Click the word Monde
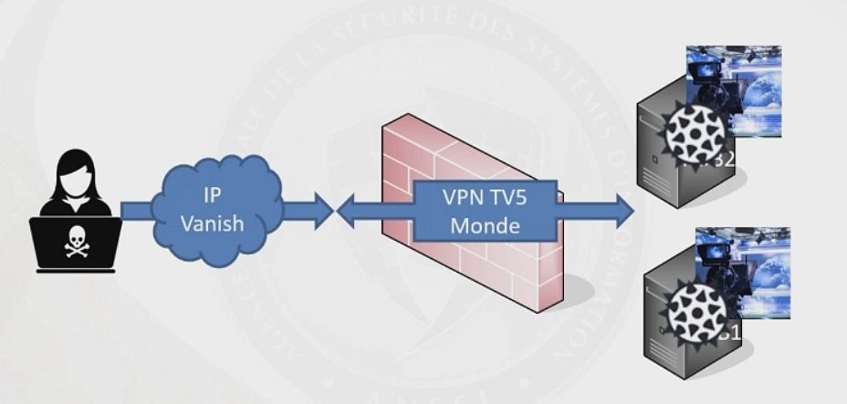tap(484, 225)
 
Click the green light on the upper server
tap(650, 162)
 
